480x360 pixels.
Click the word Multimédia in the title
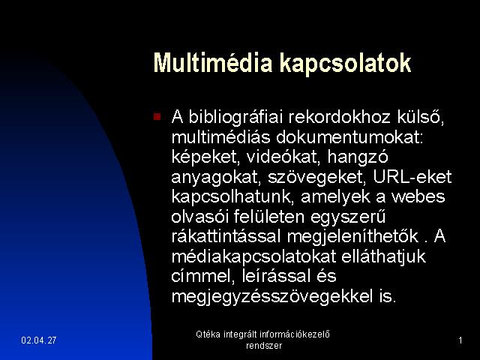pyautogui.click(x=213, y=63)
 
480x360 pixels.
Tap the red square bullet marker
pyautogui.click(x=157, y=116)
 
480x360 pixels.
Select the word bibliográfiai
pyautogui.click(x=235, y=117)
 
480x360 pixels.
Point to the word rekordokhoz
pyautogui.click(x=340, y=117)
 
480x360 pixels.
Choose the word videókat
pyautogui.click(x=283, y=157)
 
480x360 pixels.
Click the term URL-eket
pyautogui.click(x=412, y=177)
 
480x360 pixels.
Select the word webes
pyautogui.click(x=418, y=196)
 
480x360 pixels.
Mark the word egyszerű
pyautogui.click(x=348, y=217)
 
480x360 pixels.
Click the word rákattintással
pyautogui.click(x=226, y=236)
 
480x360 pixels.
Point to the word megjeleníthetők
pyautogui.click(x=352, y=237)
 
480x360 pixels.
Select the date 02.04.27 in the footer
pyautogui.click(x=39, y=340)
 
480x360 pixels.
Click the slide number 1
pyautogui.click(x=460, y=340)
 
